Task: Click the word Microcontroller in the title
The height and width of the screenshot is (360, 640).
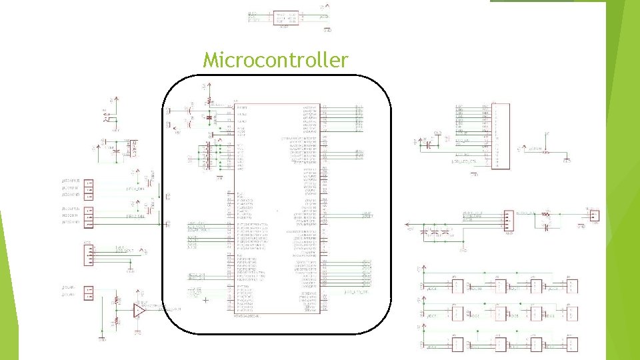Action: [275, 61]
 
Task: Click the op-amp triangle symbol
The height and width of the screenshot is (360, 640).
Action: [139, 310]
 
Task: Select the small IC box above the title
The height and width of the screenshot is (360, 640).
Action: [285, 17]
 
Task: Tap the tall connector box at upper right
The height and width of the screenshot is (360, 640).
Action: [500, 137]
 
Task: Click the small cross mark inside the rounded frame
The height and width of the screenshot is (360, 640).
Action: [205, 301]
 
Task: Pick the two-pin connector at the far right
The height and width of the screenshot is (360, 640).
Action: [593, 215]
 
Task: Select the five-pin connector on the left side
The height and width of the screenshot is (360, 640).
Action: [87, 255]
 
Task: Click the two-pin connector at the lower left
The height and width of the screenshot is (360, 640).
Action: [87, 291]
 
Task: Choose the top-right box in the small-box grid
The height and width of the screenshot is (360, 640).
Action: [571, 286]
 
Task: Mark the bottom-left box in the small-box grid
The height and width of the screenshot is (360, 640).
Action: [459, 345]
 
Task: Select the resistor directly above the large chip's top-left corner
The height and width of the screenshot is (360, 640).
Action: [209, 99]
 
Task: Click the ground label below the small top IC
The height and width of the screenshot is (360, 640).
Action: [327, 30]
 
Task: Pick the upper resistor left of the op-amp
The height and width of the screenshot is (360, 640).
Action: [117, 301]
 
